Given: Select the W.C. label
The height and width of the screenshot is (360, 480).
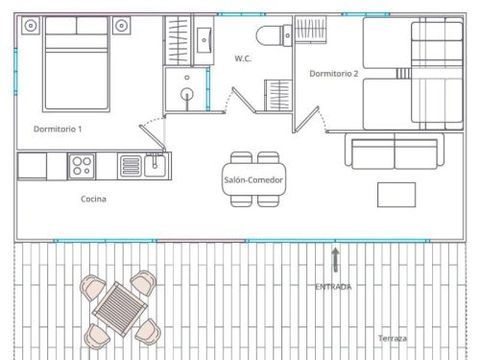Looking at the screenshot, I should click(241, 59).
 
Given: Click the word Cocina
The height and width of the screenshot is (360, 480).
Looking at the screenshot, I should click(94, 199).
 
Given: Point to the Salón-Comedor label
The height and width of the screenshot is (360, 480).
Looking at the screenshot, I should click(254, 180).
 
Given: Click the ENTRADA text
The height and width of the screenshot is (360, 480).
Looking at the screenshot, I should click(333, 288).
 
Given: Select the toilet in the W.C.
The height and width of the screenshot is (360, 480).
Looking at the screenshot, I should click(270, 37).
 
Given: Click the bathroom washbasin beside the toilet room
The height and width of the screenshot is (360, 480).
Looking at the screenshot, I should click(204, 39).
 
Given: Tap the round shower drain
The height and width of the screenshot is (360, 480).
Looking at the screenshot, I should click(186, 95).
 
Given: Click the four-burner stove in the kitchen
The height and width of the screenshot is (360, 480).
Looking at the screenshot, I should click(81, 164).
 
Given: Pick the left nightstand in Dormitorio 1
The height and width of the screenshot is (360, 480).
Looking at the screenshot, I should click(29, 26).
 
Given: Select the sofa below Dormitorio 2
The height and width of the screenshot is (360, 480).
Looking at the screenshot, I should click(394, 151).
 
